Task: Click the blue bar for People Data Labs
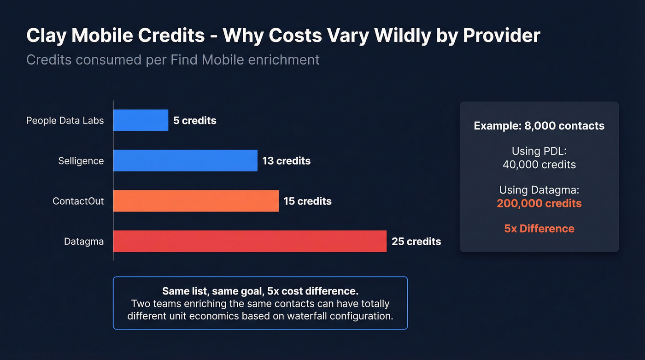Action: pos(141,120)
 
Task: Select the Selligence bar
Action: pos(185,160)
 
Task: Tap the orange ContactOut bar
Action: pos(196,201)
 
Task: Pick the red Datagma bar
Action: pos(250,241)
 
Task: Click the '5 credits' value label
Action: pos(194,121)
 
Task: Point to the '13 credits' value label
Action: pos(286,161)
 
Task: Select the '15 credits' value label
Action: pos(307,201)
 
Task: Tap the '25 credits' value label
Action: pos(416,242)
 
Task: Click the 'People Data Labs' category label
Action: pos(65,121)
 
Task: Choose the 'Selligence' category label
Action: pos(81,161)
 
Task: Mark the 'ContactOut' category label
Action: pos(78,201)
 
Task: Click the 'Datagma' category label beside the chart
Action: pos(84,242)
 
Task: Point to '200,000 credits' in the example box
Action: pos(539,203)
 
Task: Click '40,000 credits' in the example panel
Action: pos(539,165)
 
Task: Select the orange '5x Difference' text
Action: pos(539,229)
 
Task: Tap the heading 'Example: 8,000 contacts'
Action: pos(539,126)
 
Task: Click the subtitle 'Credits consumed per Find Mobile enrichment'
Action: pos(173,60)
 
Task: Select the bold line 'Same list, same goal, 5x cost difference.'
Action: pos(260,291)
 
